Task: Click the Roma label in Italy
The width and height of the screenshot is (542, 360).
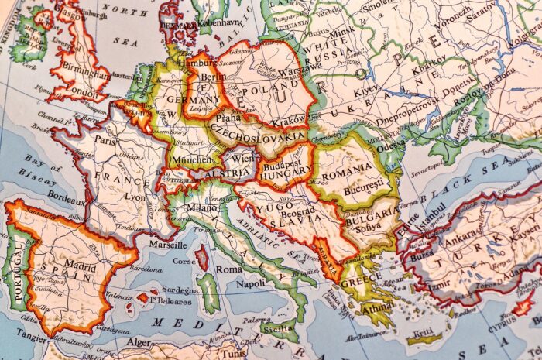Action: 229,269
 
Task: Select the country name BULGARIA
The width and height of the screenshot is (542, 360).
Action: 374,214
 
